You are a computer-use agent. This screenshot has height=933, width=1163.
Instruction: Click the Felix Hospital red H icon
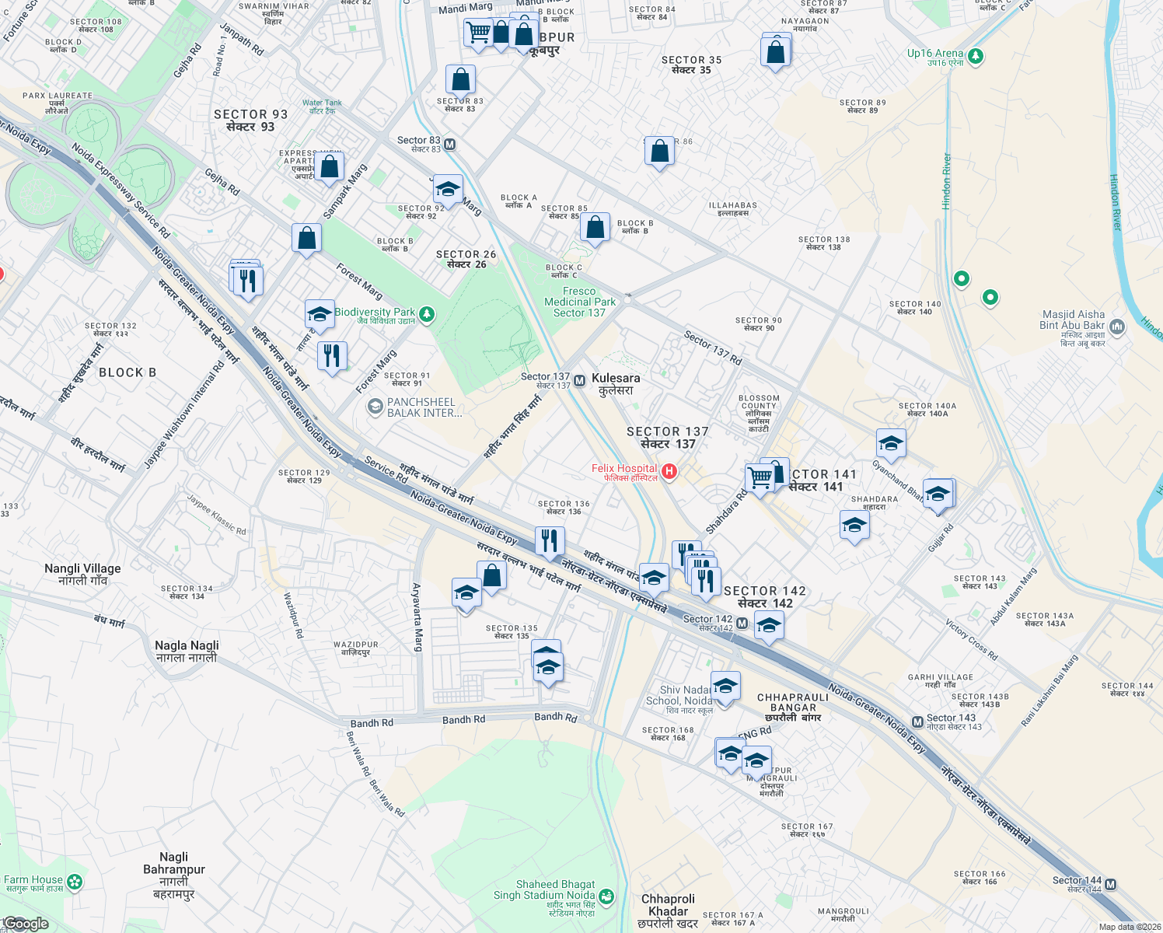click(x=669, y=471)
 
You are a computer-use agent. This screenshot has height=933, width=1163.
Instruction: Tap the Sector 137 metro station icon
click(x=580, y=380)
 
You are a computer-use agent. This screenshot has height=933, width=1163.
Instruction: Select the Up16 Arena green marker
click(x=976, y=56)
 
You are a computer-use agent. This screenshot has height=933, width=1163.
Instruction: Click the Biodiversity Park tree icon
click(x=427, y=314)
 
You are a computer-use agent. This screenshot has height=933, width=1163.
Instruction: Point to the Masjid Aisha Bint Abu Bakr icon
click(x=1117, y=327)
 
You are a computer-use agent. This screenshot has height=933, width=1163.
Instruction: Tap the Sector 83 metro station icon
click(x=450, y=144)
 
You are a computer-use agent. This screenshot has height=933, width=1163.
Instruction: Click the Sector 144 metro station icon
click(x=1110, y=884)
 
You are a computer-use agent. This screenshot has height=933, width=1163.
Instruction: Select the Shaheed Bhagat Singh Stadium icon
click(x=606, y=896)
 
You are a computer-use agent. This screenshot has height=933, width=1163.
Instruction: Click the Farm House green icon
click(x=75, y=882)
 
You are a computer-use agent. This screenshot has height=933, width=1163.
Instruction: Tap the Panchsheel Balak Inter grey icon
click(x=375, y=407)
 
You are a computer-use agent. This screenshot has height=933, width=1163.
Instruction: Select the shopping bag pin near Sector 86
click(x=659, y=151)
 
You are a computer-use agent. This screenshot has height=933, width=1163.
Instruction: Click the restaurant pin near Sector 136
click(x=550, y=540)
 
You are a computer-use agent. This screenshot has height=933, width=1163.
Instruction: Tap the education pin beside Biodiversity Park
click(x=320, y=313)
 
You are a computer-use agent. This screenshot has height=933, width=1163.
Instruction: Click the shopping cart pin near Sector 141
click(x=760, y=476)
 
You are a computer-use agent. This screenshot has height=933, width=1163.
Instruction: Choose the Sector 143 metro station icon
click(x=918, y=722)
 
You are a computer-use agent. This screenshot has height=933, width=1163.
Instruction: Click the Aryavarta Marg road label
click(x=417, y=617)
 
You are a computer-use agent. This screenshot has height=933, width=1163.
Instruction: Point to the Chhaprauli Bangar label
click(x=792, y=702)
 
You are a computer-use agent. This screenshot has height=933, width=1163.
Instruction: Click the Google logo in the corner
click(x=26, y=924)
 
